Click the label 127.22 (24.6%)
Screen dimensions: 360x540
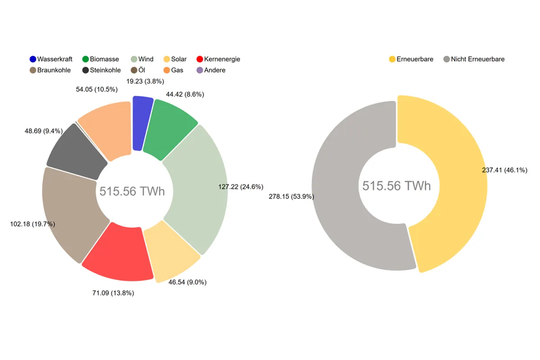point(241,187)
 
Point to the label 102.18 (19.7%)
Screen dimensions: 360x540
point(32,224)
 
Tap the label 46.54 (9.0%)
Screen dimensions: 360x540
point(187,282)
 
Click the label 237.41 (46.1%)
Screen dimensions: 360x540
point(504,170)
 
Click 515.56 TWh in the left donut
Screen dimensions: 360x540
point(132,191)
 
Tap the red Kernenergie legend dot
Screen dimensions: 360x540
point(200,59)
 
